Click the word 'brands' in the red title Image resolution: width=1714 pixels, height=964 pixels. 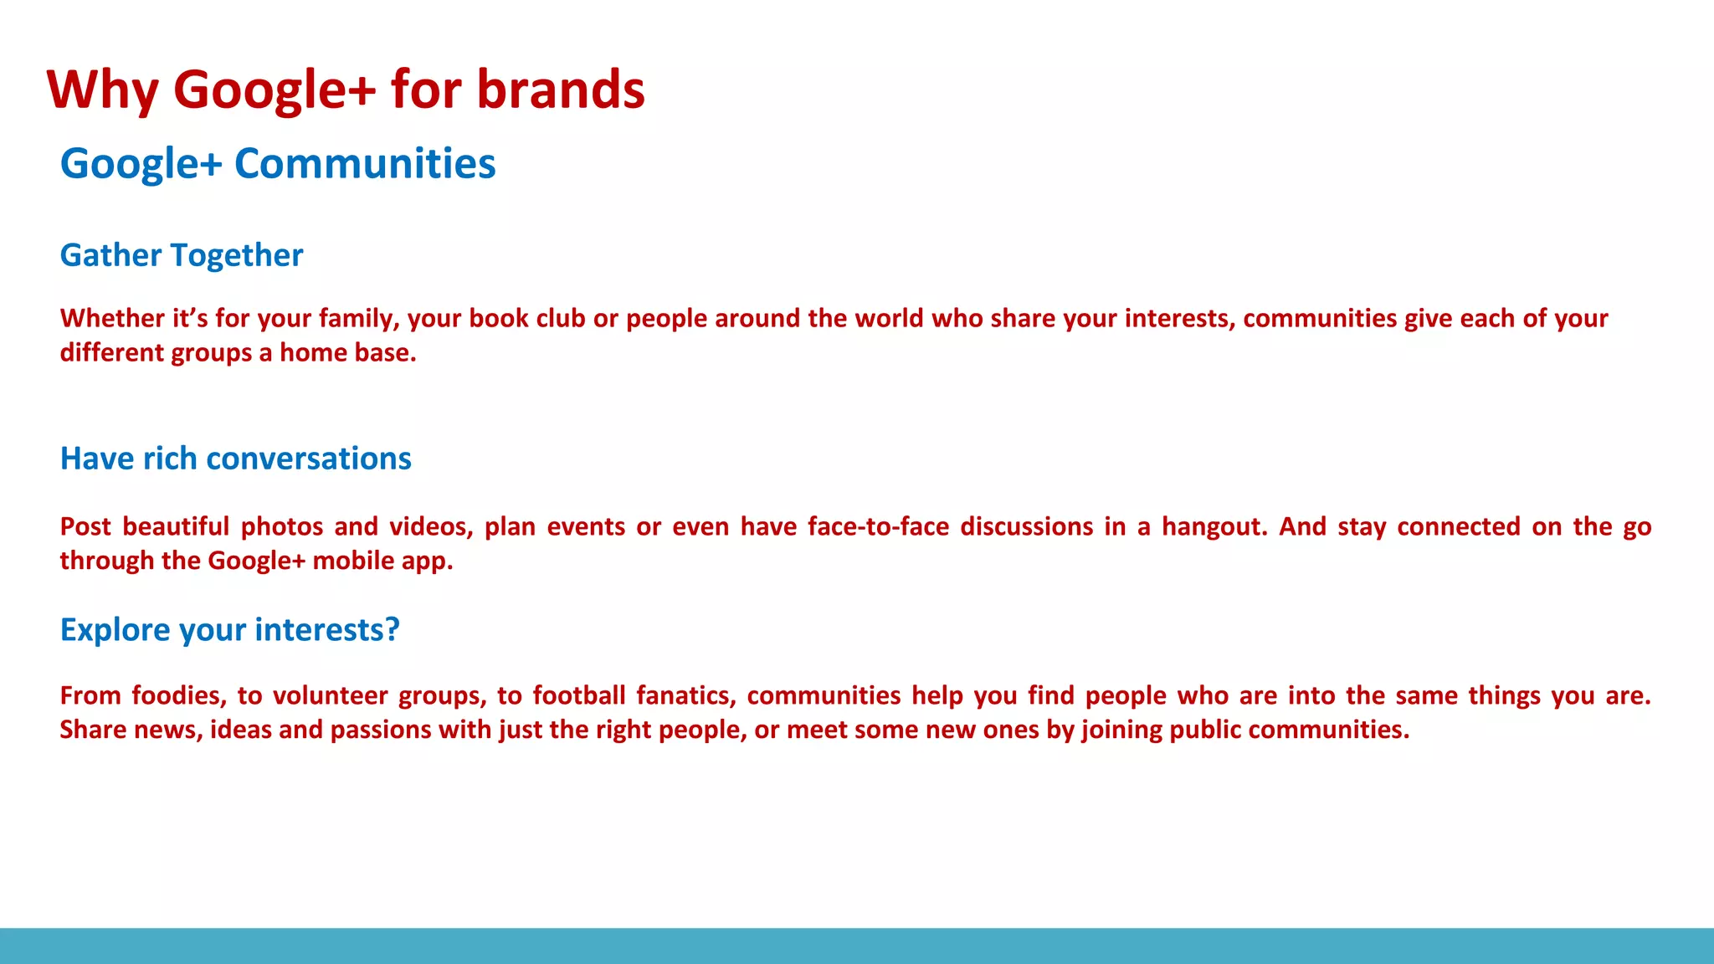pos(561,89)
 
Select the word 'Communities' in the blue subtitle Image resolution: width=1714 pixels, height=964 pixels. pos(365,163)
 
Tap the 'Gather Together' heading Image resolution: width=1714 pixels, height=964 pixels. pos(182,255)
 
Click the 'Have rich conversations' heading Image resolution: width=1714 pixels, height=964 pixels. pos(236,459)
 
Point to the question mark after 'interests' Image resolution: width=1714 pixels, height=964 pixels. pos(393,629)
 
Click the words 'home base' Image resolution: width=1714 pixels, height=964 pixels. pos(347,353)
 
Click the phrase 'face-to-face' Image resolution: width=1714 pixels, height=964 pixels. pos(878,527)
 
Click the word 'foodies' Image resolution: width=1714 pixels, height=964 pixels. pos(178,696)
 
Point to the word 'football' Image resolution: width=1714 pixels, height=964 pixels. pos(579,696)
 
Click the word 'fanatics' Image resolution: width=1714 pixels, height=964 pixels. pos(685,696)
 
